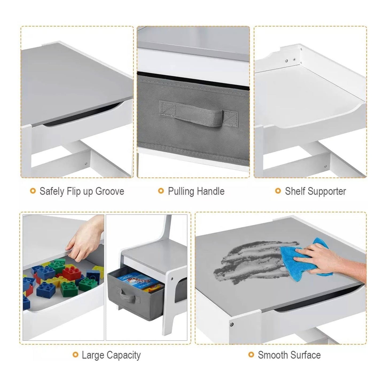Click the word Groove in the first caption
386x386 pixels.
(x=110, y=191)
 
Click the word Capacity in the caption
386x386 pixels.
(x=123, y=355)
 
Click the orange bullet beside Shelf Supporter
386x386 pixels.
(x=278, y=191)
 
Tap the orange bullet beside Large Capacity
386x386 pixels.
(x=75, y=355)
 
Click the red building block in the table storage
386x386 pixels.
(x=72, y=274)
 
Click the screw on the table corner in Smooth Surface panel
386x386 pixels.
(x=232, y=324)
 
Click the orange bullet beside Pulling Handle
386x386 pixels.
(x=161, y=191)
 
